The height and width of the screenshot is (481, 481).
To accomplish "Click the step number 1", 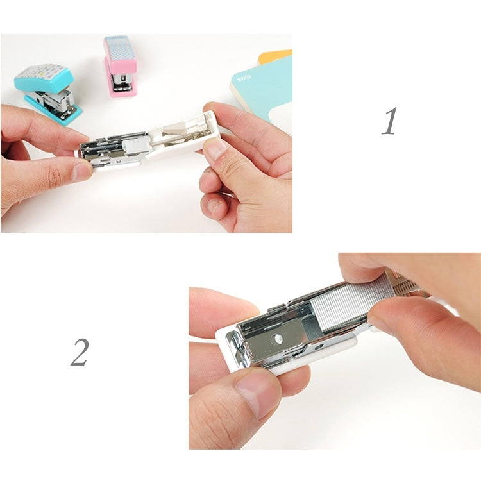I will coord(389,121).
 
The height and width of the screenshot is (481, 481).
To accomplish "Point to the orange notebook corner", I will coord(276,56).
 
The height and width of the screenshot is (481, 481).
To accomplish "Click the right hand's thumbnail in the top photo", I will coord(215,149).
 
